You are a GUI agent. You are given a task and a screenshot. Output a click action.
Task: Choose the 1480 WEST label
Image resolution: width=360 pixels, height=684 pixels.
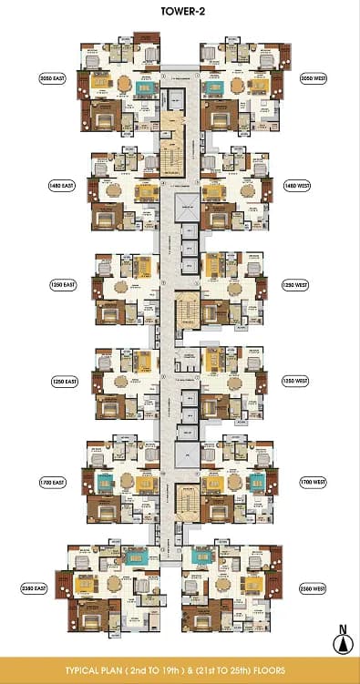point(296,184)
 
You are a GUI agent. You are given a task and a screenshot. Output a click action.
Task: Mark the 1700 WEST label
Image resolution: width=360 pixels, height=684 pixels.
point(313,480)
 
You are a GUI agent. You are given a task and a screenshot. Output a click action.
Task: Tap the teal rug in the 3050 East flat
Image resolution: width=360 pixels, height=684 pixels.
point(144,88)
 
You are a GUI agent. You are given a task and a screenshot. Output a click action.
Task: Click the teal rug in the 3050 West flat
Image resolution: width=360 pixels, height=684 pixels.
point(215,88)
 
